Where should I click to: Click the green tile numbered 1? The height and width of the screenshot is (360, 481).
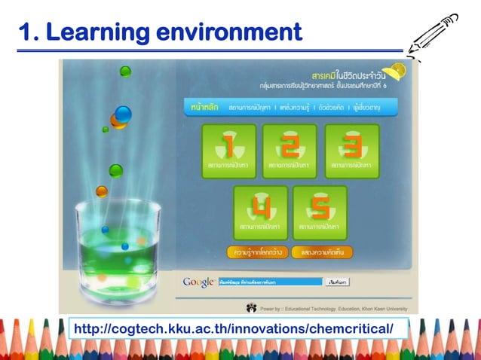coord(228,151)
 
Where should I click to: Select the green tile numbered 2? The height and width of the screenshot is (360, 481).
coord(290,151)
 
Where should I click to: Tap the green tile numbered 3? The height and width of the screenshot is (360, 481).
coord(351,151)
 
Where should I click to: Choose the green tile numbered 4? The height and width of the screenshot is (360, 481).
coord(260,212)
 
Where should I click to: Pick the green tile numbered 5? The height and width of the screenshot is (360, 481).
coord(320,212)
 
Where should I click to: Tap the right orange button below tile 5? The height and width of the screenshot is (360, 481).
coord(319,252)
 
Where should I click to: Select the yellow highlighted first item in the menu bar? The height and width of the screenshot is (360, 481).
coord(204,109)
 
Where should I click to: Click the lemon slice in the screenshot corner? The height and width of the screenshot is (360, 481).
coord(399,70)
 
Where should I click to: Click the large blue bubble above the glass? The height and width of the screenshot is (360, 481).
coord(122,114)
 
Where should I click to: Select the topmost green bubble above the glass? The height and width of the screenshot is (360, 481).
coord(125,72)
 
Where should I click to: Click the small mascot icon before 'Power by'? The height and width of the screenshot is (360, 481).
coord(251,307)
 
